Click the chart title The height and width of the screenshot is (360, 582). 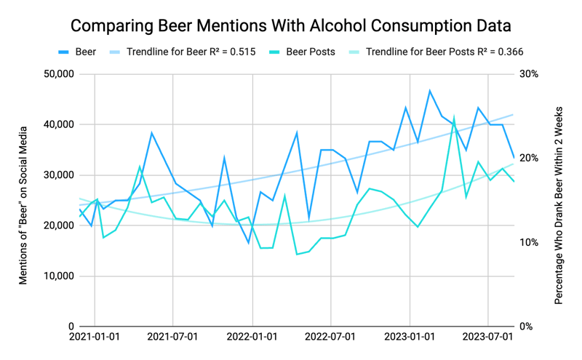tap(291, 25)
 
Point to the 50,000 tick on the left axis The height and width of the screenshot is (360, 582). tap(57, 74)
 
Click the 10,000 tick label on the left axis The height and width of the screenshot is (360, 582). tap(57, 276)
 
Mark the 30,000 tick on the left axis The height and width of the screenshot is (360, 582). tap(57, 175)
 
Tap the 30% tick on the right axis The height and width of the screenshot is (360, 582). tap(528, 74)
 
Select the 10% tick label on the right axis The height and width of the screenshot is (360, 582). tap(528, 242)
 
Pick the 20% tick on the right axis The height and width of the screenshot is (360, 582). tap(528, 159)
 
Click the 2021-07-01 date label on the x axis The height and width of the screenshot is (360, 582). tap(173, 337)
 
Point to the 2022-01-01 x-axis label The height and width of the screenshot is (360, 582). tap(252, 337)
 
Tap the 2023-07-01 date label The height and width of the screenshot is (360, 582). tap(488, 337)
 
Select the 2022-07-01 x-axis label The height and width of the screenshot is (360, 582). tap(331, 337)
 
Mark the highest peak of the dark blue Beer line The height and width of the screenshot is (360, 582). tap(430, 91)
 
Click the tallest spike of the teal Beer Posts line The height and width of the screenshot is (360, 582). tap(454, 116)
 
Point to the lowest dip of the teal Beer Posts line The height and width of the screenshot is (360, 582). tap(297, 254)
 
